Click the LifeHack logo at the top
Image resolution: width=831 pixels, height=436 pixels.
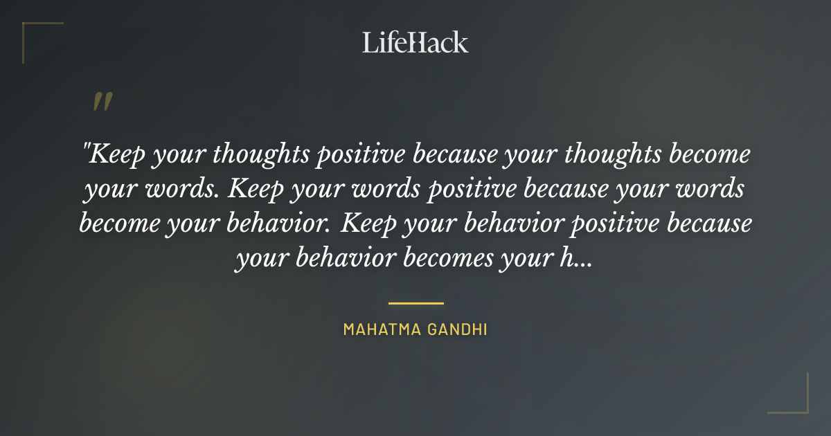coord(415,42)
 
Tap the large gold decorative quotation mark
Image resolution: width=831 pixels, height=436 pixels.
coord(102,102)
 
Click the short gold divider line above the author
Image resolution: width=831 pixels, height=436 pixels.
coord(415,303)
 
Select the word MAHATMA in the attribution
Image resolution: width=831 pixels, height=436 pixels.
coord(377,329)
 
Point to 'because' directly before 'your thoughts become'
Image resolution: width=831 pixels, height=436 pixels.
coord(455,154)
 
